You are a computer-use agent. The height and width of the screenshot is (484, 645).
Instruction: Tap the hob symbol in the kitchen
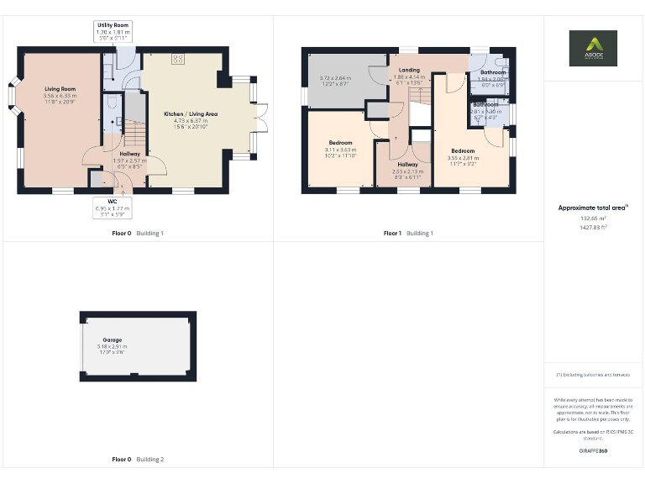[x=178, y=59]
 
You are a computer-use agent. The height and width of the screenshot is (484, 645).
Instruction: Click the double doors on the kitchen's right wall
[x=261, y=119]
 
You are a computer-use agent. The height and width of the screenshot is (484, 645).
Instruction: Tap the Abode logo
[x=593, y=48]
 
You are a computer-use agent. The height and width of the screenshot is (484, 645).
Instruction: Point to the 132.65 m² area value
[x=593, y=218]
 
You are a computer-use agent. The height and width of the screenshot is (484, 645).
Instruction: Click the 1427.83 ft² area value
[x=593, y=227]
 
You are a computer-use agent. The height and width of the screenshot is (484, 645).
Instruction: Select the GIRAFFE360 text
[x=593, y=450]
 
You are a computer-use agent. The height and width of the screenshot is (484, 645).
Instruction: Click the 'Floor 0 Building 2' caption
[x=138, y=460]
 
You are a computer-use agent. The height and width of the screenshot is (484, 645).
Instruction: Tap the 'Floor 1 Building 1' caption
[x=408, y=233]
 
